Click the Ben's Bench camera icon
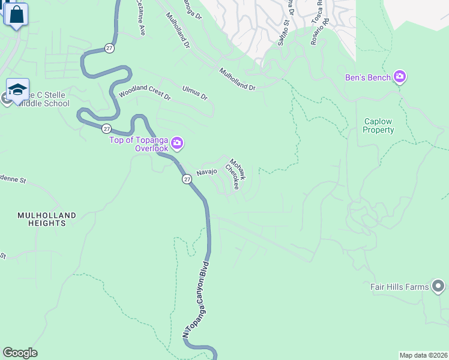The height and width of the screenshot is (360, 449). pos(400,77)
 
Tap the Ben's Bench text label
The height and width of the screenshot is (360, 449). pos(368,77)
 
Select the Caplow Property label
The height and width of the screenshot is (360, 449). pos(379,125)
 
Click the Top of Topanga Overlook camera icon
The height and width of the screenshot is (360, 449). pos(177,143)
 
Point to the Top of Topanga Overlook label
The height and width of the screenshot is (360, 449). pos(139,144)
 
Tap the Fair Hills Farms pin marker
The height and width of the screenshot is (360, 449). pos(439,287)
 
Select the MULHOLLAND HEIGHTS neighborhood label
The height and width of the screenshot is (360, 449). pos(47,219)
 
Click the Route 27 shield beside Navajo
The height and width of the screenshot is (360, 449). pos(187,179)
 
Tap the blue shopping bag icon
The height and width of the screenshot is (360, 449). pos(17,14)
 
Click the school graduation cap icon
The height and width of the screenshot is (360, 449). pos(18,90)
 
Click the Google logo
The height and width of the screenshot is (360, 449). pos(20,353)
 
